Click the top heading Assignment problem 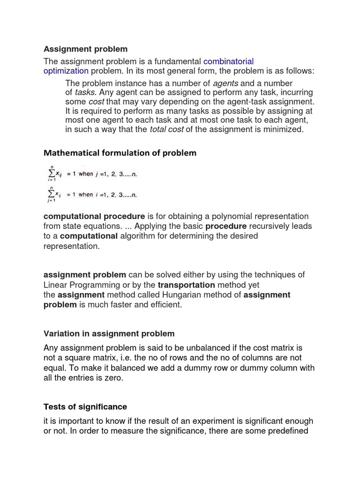coord(85,49)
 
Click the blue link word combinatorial coord(228,61)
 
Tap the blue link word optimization coord(66,71)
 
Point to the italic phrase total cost coord(166,129)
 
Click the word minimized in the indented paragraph coord(282,129)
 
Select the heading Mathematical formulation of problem coord(120,153)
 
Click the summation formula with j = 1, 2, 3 coord(91,173)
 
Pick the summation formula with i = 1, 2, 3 coord(91,194)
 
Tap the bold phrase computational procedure coord(94,216)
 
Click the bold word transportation coord(186,285)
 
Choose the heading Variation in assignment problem coord(109,334)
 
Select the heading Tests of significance coord(85,407)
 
